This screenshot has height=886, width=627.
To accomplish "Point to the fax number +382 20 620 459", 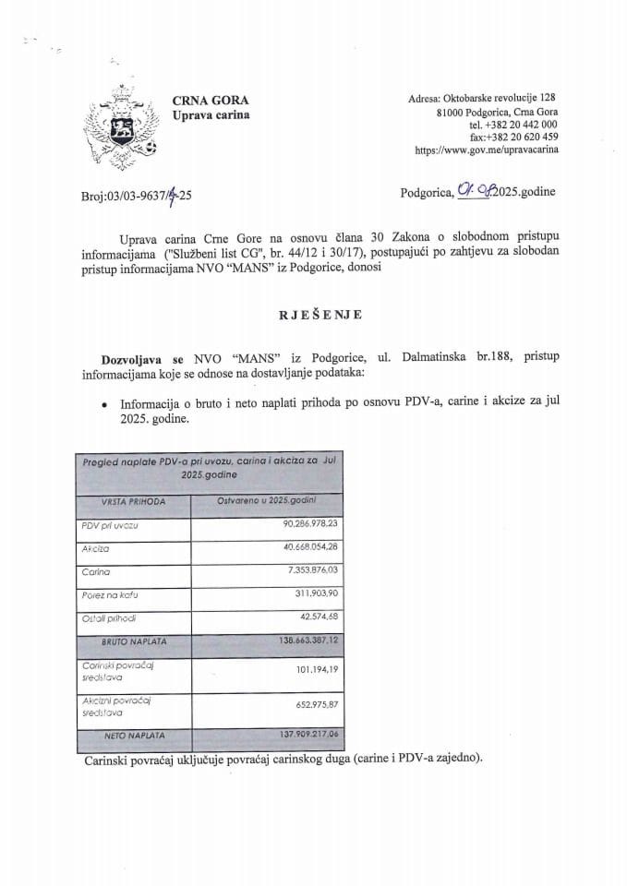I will click(x=524, y=137).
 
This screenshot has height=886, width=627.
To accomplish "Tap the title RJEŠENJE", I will click(x=314, y=315).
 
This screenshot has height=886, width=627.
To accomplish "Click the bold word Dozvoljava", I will click(x=125, y=357).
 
